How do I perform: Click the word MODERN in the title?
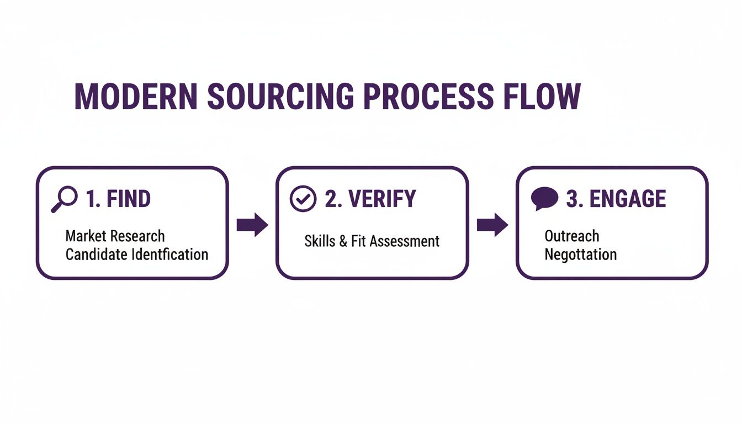pyautogui.click(x=136, y=97)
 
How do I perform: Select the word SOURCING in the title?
pyautogui.click(x=280, y=97)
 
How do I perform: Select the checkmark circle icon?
pyautogui.click(x=303, y=199)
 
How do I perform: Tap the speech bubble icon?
pyautogui.click(x=544, y=199)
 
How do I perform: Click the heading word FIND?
pyautogui.click(x=128, y=199)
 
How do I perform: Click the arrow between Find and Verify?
pyautogui.click(x=252, y=225)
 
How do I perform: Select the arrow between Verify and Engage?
pyautogui.click(x=492, y=225)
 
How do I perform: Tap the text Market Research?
pyautogui.click(x=115, y=236)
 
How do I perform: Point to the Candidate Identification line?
pyautogui.click(x=137, y=255)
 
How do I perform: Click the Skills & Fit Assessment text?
pyautogui.click(x=372, y=241)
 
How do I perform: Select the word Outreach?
pyautogui.click(x=571, y=236)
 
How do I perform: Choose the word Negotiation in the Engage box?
pyautogui.click(x=580, y=255)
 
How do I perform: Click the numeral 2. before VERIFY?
pyautogui.click(x=333, y=199)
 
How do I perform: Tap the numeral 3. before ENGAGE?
pyautogui.click(x=575, y=199)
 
